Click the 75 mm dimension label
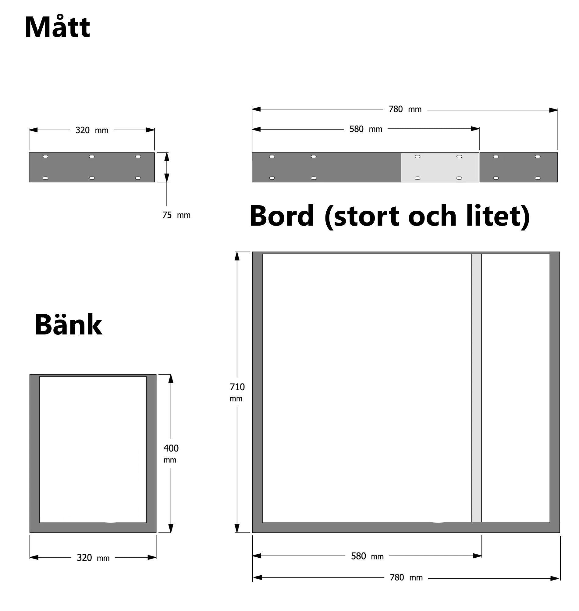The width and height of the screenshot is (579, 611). pyautogui.click(x=176, y=215)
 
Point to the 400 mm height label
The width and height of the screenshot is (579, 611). pyautogui.click(x=171, y=453)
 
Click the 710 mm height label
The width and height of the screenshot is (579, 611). pyautogui.click(x=237, y=392)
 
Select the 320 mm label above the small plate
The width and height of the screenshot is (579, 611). pyautogui.click(x=92, y=130)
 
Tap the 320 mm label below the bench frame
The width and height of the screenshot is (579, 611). pyautogui.click(x=93, y=558)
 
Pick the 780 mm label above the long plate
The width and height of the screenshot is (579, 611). pyautogui.click(x=405, y=109)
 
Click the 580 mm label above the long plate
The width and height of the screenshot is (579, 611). pyautogui.click(x=366, y=129)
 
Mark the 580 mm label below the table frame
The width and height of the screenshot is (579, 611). pyautogui.click(x=367, y=556)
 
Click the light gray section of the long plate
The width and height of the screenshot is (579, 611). pyautogui.click(x=440, y=167)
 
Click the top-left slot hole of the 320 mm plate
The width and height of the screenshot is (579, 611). pyautogui.click(x=45, y=156)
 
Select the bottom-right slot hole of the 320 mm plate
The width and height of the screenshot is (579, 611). pyautogui.click(x=138, y=178)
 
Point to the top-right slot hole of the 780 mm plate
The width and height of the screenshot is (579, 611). pyautogui.click(x=538, y=156)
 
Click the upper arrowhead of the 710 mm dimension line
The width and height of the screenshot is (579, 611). pyautogui.click(x=237, y=256)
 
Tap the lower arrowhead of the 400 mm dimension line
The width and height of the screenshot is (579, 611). pyautogui.click(x=171, y=528)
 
